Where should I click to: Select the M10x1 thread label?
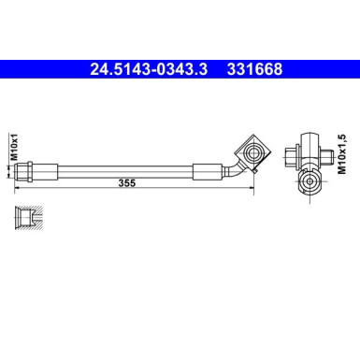click(13, 149)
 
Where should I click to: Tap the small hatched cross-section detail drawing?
click(28, 217)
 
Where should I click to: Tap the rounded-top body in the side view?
click(308, 140)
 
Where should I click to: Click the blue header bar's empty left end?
click(37, 68)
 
